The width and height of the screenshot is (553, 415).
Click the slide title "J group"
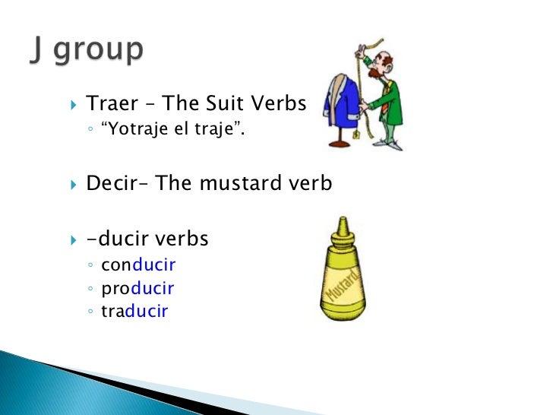(87, 50)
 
